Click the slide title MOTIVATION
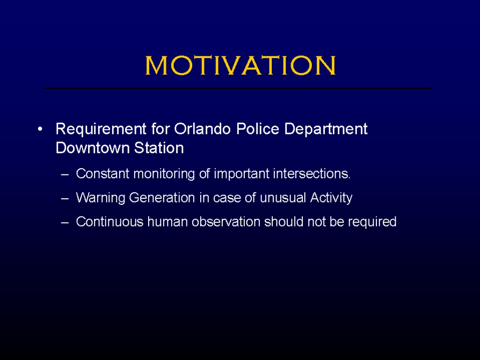coord(240,65)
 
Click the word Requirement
coord(101,129)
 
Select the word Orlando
coord(202,128)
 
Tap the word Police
coord(258,128)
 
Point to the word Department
coord(326,129)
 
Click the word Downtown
coord(92,148)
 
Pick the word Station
coord(159,148)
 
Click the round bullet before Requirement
coord(40,129)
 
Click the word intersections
coord(312,173)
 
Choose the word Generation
coord(162,197)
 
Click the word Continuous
coord(110,222)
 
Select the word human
coord(167,222)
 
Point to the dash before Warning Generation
coord(65,199)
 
